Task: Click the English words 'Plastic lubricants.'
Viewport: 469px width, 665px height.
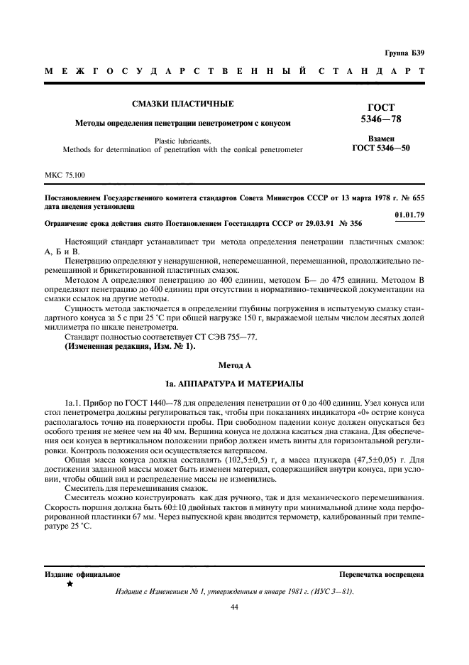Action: pos(182,140)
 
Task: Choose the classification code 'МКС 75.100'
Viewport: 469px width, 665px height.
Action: pos(65,173)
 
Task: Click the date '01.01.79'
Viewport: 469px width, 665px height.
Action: pos(409,214)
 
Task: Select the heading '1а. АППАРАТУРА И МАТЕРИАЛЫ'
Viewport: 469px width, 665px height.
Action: pos(233,382)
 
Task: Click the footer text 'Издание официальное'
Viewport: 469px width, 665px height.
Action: pos(82,573)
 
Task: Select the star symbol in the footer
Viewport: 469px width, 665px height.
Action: pos(70,583)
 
